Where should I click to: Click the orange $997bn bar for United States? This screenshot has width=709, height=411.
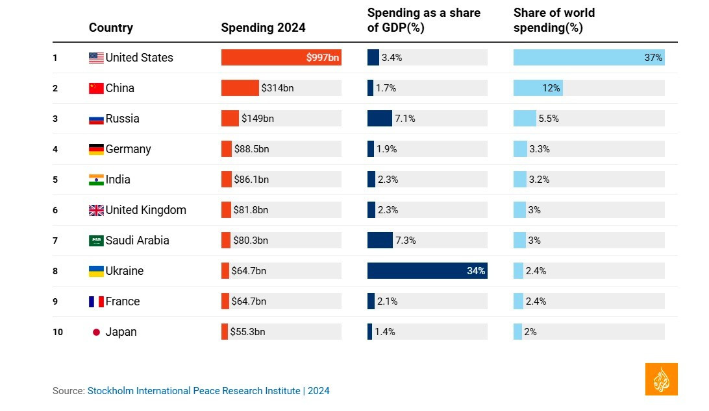coord(280,58)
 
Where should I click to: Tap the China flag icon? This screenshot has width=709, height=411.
coord(96,88)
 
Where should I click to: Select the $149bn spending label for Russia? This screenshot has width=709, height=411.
coord(258,119)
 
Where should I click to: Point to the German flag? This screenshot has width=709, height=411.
coord(96,149)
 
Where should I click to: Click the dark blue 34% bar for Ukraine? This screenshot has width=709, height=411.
coord(427,271)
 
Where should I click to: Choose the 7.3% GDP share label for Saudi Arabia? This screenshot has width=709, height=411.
coord(406,241)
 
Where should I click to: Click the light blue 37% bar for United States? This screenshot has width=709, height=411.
coord(588,58)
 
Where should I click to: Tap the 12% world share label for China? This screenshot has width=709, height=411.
coord(551,88)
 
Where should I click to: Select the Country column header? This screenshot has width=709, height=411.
coord(111,28)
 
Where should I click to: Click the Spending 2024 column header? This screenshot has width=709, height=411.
coord(263,28)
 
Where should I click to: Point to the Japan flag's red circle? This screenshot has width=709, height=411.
coord(96,332)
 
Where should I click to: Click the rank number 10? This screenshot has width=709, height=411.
coord(58,332)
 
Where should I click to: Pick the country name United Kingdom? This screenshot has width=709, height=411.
coord(146,210)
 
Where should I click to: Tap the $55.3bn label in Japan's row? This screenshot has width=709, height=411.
coord(247,332)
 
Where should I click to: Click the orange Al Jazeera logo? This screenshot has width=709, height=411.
coord(661,379)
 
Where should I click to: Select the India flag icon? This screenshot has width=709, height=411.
coord(96,180)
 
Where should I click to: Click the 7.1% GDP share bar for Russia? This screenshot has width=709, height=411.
coord(379,119)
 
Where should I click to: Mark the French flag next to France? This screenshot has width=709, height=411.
coord(96,301)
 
